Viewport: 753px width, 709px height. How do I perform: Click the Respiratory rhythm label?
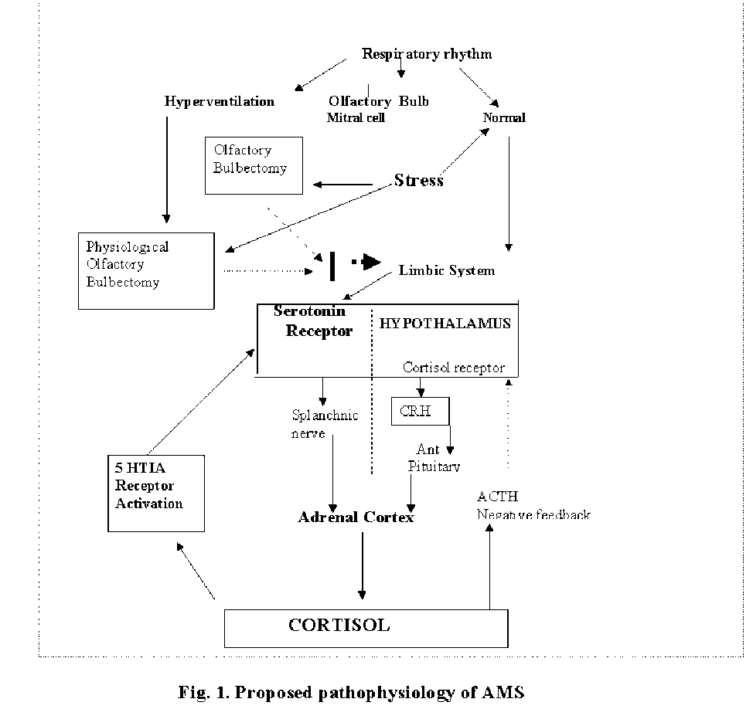[427, 54]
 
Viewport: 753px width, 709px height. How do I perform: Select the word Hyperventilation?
[220, 101]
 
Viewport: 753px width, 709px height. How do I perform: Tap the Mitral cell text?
[356, 118]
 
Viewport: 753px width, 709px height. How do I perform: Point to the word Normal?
[504, 118]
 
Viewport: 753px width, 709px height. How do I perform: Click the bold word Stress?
[419, 181]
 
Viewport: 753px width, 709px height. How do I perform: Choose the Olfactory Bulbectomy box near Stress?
[254, 165]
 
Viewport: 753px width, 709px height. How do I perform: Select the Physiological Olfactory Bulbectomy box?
[146, 270]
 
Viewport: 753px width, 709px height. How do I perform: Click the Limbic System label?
[447, 270]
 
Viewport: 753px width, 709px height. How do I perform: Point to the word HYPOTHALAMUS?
[445, 324]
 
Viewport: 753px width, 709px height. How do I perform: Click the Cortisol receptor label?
[454, 368]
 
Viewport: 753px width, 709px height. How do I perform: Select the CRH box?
[420, 412]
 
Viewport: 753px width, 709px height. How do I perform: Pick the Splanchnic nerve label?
[325, 424]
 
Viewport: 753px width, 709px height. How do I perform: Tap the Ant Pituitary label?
[434, 458]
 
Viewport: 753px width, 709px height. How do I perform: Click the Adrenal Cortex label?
[356, 517]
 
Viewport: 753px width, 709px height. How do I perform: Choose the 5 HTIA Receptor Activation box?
[156, 493]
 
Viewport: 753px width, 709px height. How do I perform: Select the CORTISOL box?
[366, 628]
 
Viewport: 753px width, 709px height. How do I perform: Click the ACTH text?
[498, 496]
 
